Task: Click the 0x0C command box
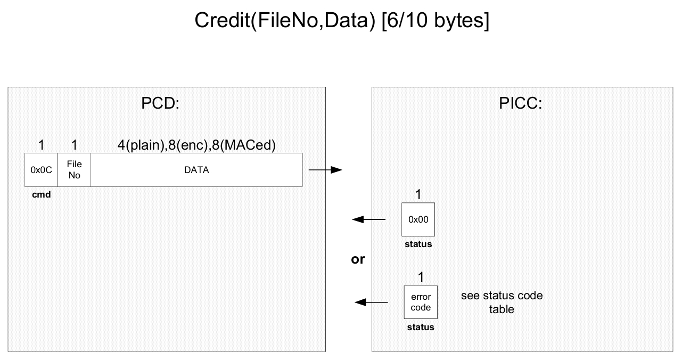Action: coord(41,170)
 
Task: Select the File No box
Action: coord(75,170)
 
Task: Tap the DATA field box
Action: coord(196,170)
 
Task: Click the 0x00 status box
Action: coord(418,219)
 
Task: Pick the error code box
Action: coord(421,302)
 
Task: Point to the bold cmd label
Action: coord(42,194)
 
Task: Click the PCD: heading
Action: coord(160,103)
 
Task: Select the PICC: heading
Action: coord(520,103)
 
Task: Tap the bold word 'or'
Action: coord(358,259)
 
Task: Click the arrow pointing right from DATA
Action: coord(325,170)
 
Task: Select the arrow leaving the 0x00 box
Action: coord(369,219)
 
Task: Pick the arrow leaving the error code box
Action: coord(371,302)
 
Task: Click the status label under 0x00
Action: coord(418,244)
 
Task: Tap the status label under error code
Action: coord(421,327)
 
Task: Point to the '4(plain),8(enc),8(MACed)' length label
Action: coord(196,145)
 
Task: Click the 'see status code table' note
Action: coord(502,302)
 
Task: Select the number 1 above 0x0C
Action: coord(42,145)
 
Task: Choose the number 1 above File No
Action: coord(75,145)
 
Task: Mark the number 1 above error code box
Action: coord(421,277)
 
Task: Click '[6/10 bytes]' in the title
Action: coord(436,20)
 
